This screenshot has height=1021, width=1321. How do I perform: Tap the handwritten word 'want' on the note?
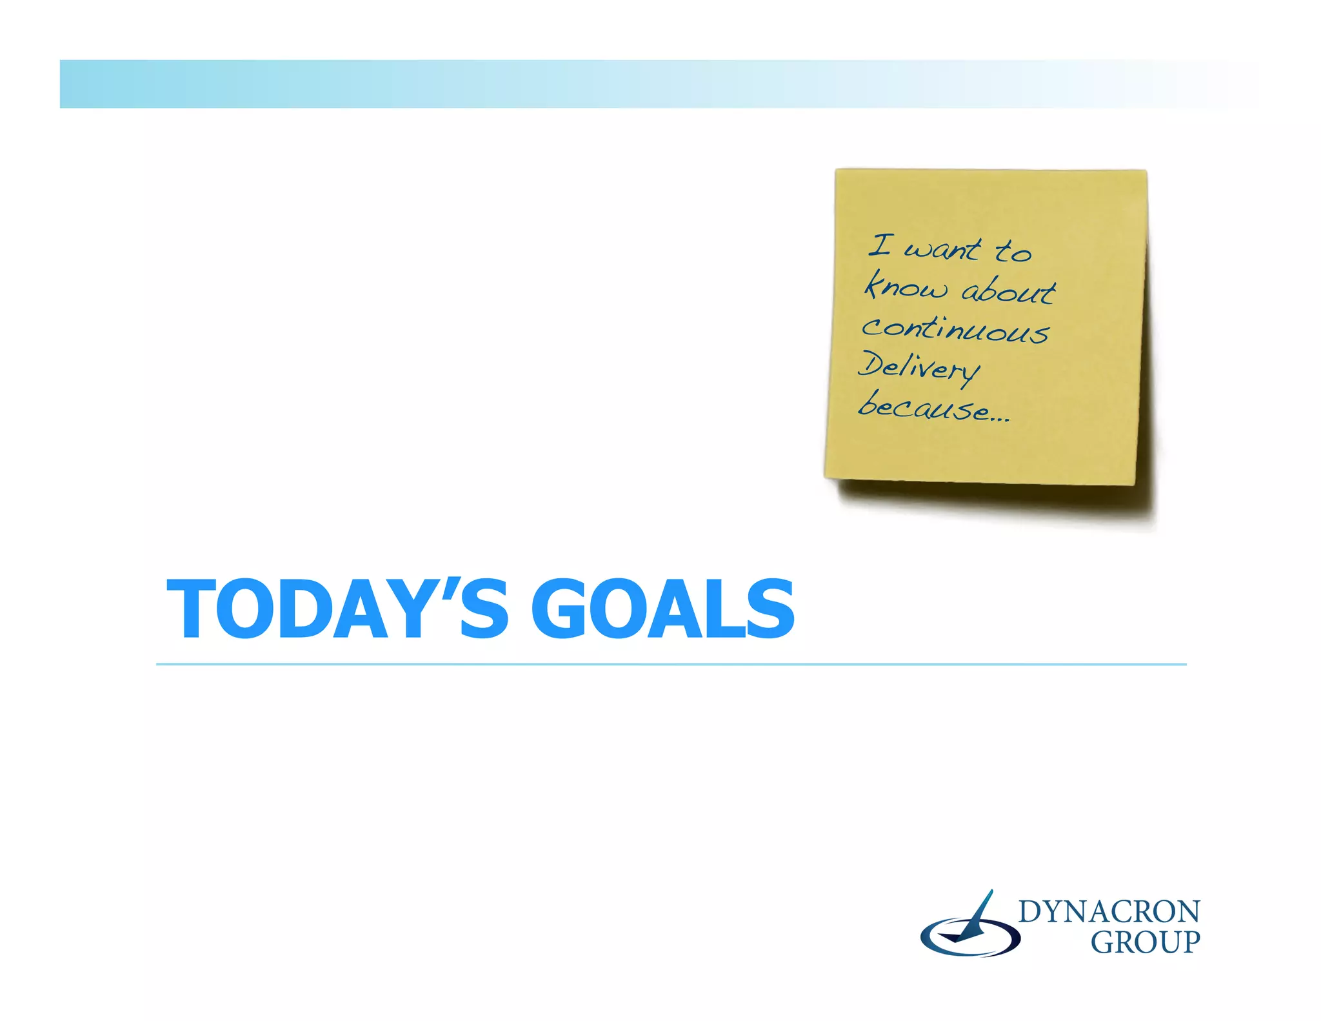[x=941, y=249]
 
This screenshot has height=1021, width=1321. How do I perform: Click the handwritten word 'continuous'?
[x=955, y=329]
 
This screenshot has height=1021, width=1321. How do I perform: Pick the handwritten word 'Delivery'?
[x=919, y=368]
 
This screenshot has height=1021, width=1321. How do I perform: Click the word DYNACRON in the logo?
[x=1109, y=912]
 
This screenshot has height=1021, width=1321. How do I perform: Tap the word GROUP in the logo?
[x=1145, y=943]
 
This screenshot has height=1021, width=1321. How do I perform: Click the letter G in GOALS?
[x=564, y=609]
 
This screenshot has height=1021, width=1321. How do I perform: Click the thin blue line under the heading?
[x=671, y=664]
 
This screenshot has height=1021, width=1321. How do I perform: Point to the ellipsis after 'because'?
[x=1000, y=418]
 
